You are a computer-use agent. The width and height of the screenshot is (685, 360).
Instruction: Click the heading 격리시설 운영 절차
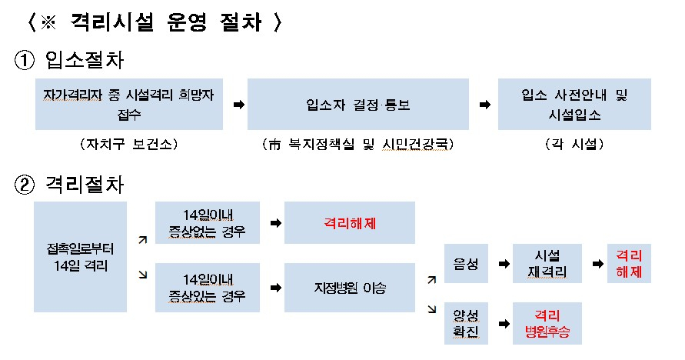[x=166, y=22]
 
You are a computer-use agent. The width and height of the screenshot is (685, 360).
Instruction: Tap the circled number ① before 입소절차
[x=25, y=60]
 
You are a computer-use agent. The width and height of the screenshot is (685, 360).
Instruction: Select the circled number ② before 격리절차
[x=25, y=185]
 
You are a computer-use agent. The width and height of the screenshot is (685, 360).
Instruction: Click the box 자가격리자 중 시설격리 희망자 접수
[x=129, y=105]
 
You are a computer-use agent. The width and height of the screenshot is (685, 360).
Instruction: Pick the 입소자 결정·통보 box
[x=358, y=105]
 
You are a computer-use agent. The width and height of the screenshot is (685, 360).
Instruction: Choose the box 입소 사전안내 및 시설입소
[x=574, y=105]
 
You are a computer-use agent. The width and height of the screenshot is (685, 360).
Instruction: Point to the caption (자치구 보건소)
[x=129, y=144]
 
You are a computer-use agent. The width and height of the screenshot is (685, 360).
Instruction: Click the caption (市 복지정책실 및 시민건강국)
[x=357, y=144]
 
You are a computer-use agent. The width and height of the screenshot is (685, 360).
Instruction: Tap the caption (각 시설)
[x=574, y=144]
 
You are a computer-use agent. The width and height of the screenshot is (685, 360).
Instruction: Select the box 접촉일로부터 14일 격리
[x=81, y=257]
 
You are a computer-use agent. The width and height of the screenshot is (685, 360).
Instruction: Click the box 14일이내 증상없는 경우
[x=208, y=223]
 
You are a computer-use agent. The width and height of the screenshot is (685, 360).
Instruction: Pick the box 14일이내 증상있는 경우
[x=208, y=288]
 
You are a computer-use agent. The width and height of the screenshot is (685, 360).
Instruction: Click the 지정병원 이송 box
[x=350, y=288]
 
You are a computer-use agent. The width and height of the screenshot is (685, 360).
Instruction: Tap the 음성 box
[x=466, y=263]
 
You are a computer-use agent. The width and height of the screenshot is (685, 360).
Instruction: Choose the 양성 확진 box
[x=466, y=323]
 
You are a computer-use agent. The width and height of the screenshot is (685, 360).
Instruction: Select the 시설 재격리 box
[x=547, y=263]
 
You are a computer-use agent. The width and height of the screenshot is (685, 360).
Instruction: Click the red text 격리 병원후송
[x=547, y=323]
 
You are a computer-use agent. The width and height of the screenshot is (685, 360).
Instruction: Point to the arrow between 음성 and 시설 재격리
[x=504, y=264]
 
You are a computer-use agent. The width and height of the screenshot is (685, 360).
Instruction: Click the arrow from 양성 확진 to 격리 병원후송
[x=504, y=324]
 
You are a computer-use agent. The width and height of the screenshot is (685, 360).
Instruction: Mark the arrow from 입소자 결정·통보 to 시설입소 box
[x=485, y=105]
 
